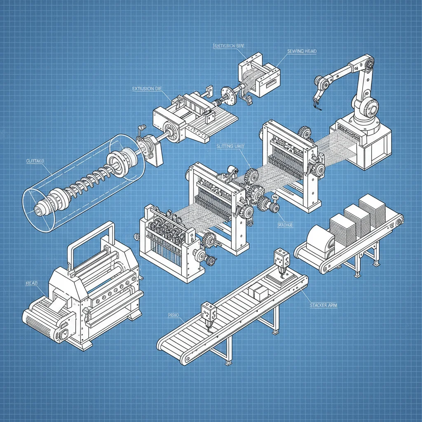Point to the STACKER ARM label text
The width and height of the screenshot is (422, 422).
tap(323, 305)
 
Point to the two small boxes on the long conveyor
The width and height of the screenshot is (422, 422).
tap(258, 292)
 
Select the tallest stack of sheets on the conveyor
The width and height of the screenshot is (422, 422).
tap(372, 210)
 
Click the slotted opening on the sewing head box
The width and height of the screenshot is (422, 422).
tap(270, 82)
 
